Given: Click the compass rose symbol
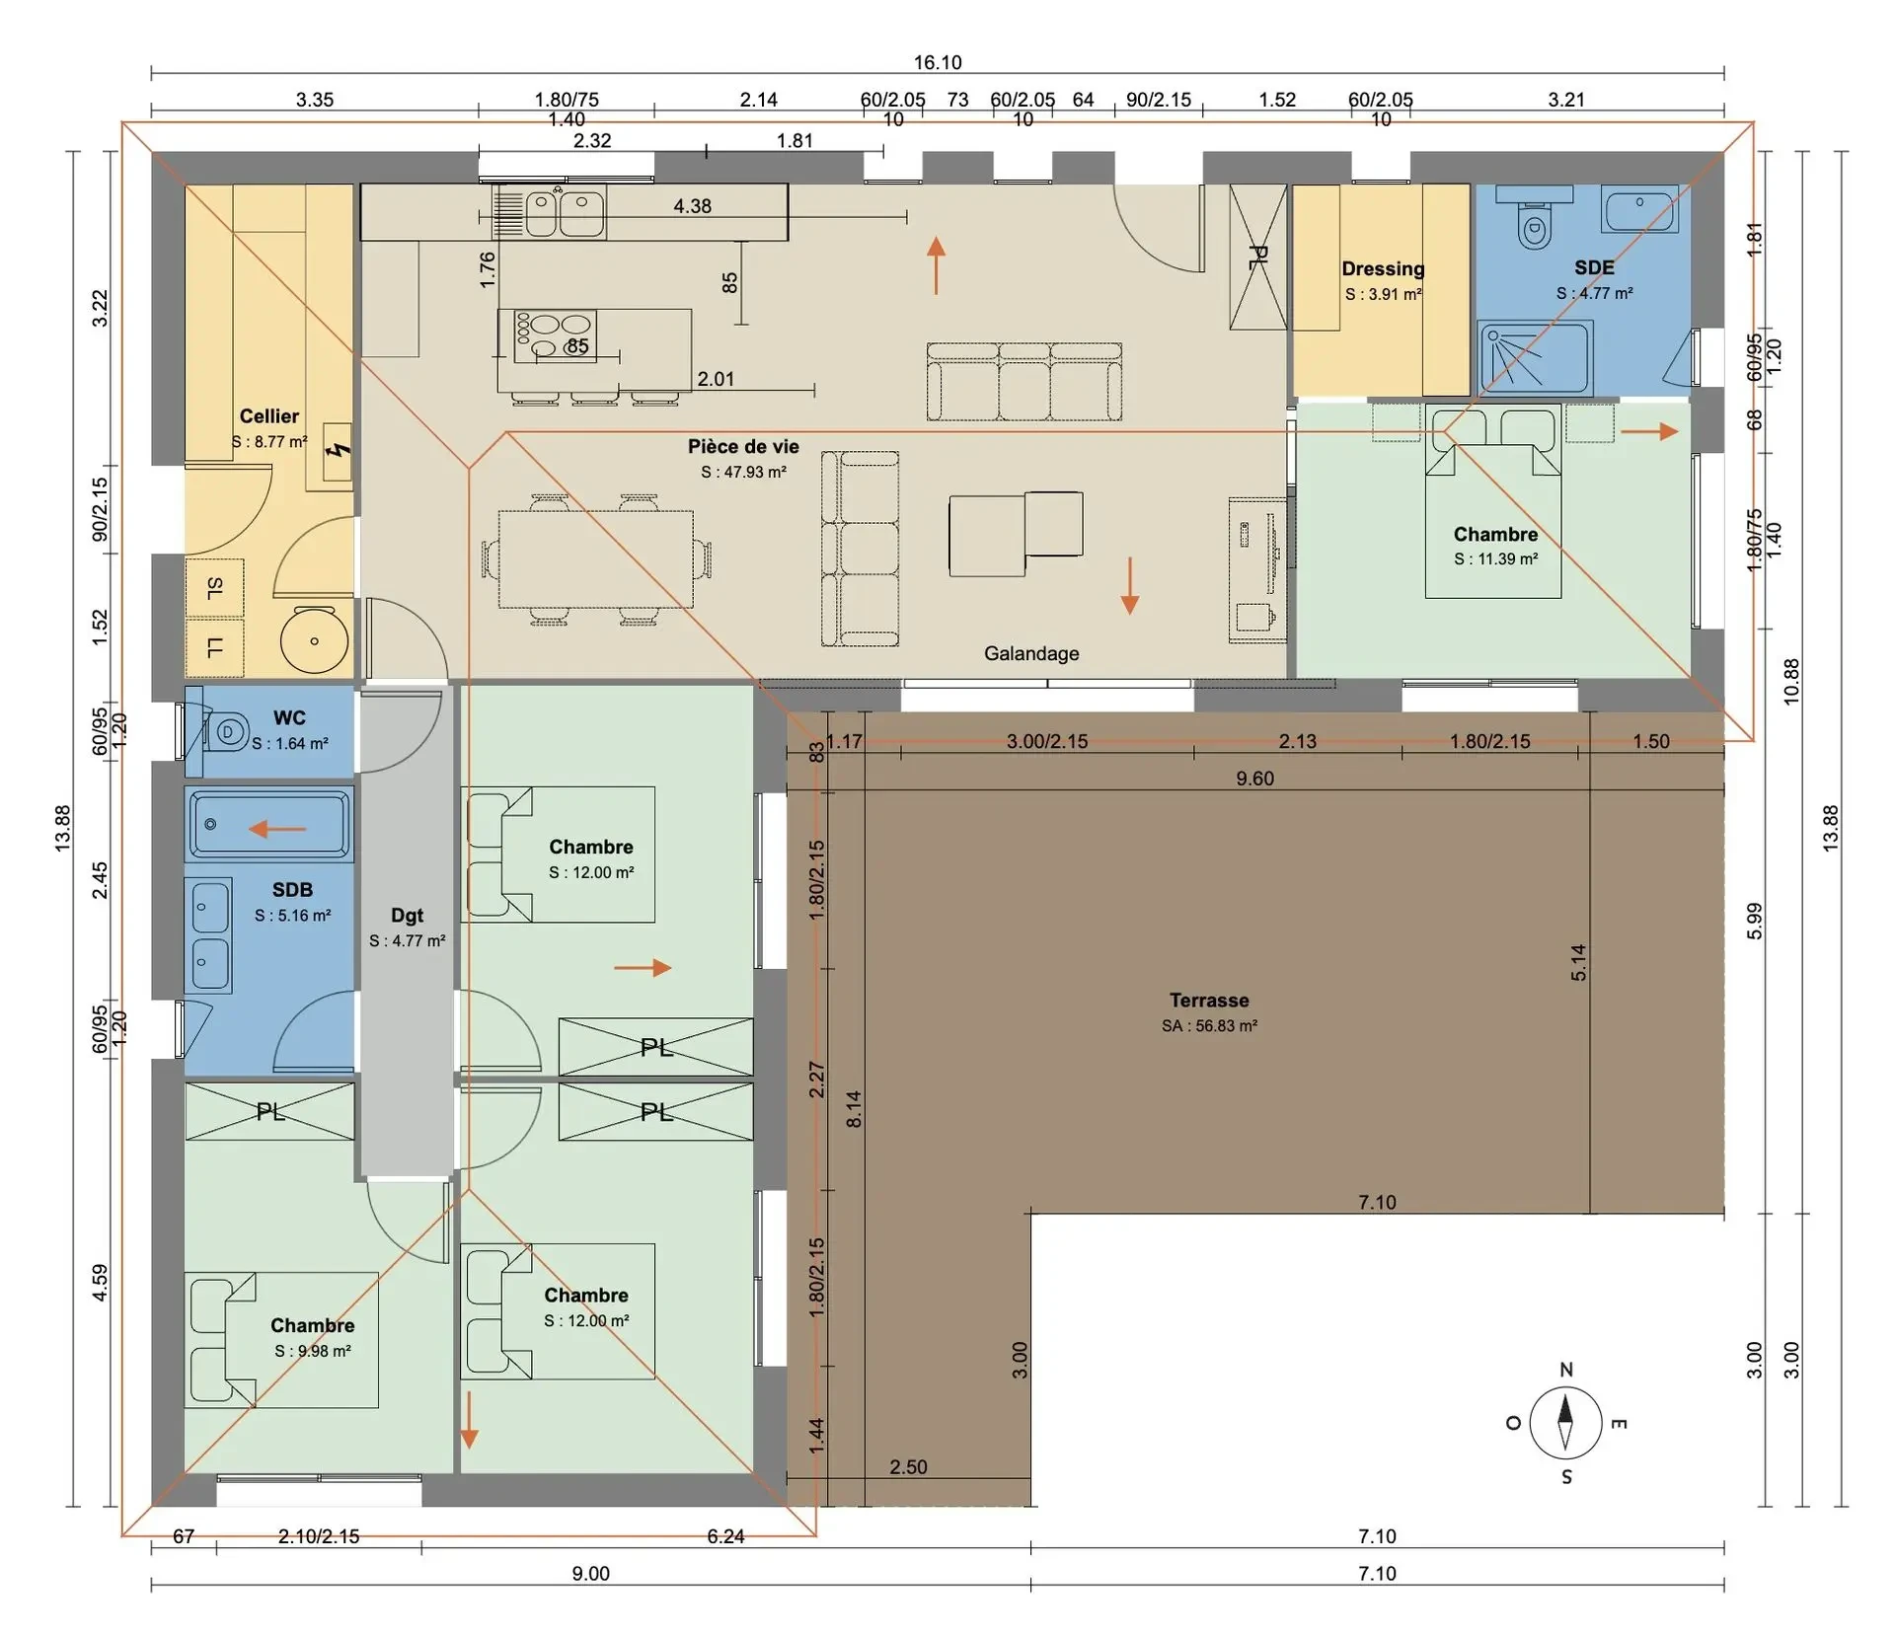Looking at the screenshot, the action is point(1565,1423).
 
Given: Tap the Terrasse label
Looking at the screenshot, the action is point(1209,1001).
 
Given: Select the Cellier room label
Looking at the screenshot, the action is point(268,416).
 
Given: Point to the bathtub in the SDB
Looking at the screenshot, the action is point(268,824).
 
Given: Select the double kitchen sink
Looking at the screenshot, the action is point(565,213).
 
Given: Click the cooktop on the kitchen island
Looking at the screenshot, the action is point(555,335).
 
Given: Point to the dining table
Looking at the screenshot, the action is point(595,559).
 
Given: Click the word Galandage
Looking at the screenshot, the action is point(1031,653).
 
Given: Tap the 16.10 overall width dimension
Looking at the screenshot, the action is point(937,62).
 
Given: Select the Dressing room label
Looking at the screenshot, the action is point(1383,268).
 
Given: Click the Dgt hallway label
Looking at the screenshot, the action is point(407,916).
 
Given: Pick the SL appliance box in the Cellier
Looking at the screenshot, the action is point(214,588).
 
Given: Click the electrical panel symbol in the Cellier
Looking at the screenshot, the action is point(339,451).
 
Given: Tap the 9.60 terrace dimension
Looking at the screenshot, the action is point(1254,779).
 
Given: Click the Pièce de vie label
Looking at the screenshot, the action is point(743,446).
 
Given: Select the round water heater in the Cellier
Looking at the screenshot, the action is point(315,640).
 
